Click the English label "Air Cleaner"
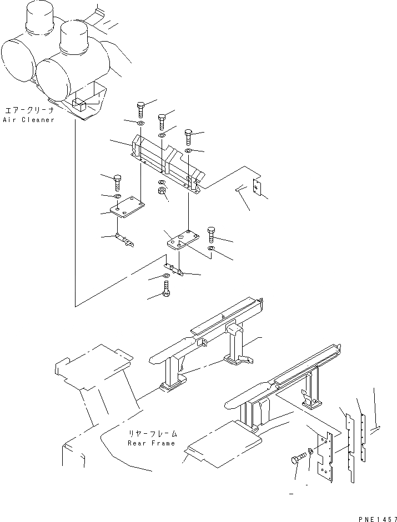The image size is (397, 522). click(29, 120)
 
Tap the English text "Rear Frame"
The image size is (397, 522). click(151, 443)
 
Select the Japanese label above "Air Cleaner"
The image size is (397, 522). click(29, 110)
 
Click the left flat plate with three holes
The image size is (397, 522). click(127, 208)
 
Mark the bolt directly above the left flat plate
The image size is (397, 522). click(117, 181)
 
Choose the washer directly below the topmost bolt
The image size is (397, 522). click(140, 123)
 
